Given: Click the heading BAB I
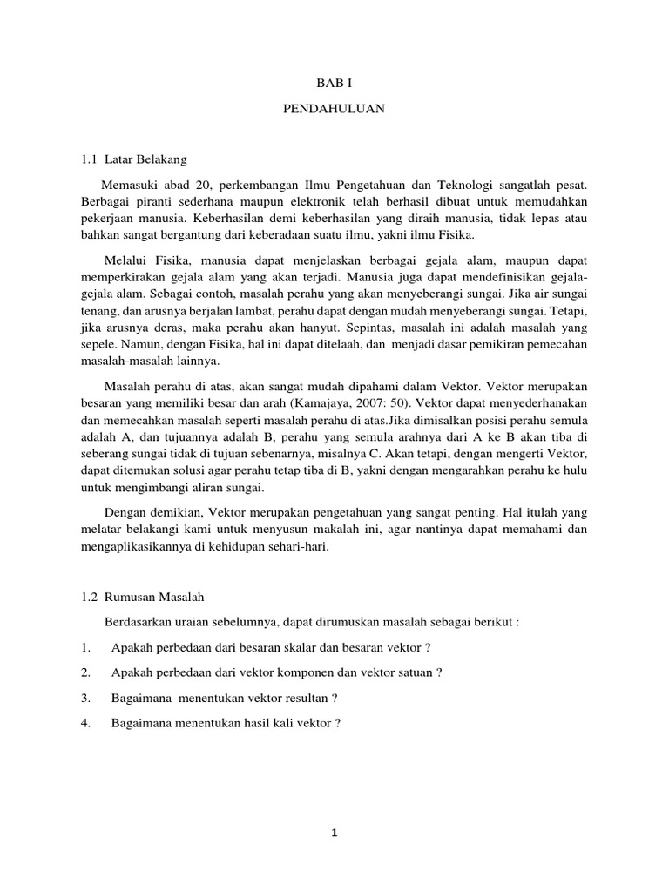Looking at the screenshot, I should tap(334, 84).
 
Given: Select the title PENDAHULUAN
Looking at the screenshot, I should tap(334, 110).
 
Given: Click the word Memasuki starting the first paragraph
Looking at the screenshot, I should tap(130, 185).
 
